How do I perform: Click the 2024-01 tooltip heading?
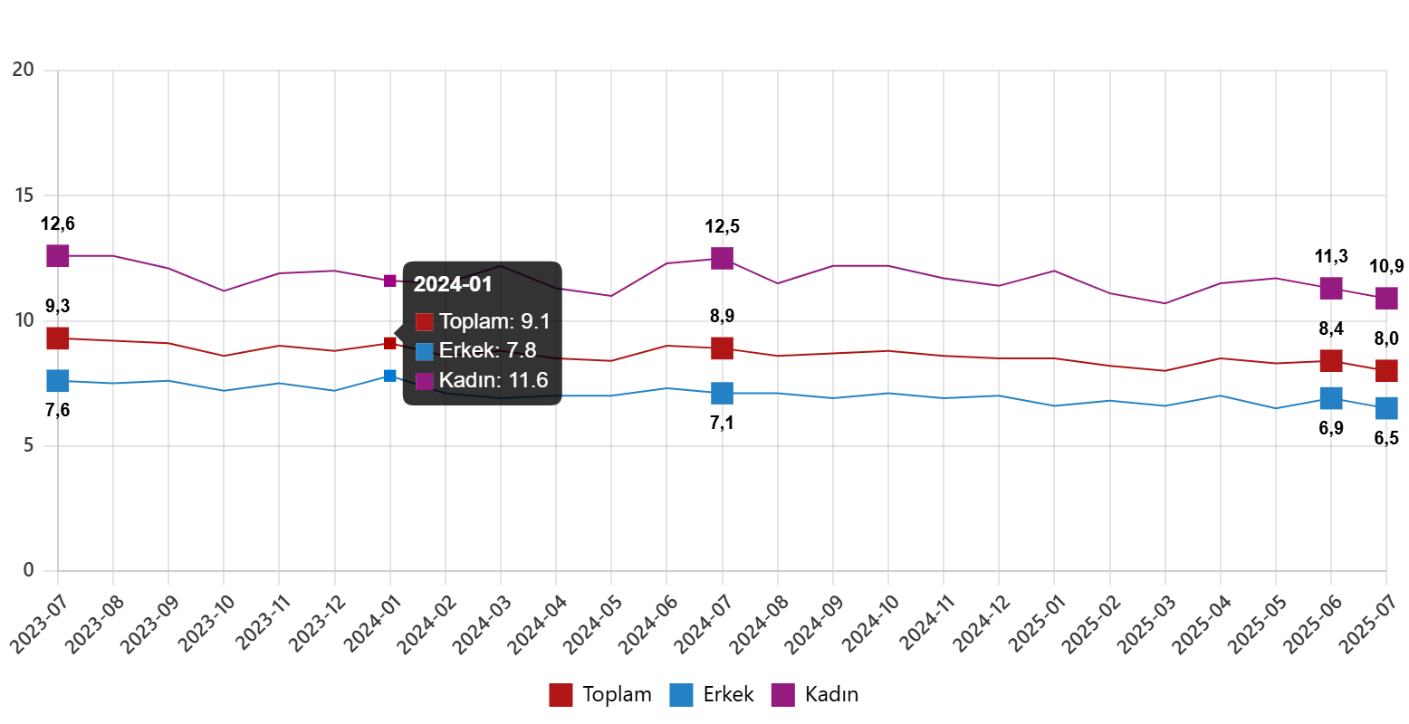[x=452, y=284]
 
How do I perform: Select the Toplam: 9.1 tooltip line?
[x=494, y=321]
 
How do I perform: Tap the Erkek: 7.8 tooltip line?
[x=487, y=351]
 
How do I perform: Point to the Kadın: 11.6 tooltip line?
[x=493, y=380]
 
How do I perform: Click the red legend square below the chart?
[x=561, y=695]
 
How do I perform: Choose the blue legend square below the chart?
[x=681, y=695]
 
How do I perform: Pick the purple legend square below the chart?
[x=782, y=695]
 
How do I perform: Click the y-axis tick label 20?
[x=23, y=69]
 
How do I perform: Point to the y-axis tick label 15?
[x=23, y=195]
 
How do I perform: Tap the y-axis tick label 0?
[x=28, y=570]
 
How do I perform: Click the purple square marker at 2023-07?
[x=58, y=256]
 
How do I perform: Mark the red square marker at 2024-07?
[x=722, y=348]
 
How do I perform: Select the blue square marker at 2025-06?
[x=1330, y=397]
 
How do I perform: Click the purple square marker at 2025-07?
[x=1386, y=298]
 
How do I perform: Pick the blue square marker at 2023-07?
[x=58, y=381]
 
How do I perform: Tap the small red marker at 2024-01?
[x=390, y=344]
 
